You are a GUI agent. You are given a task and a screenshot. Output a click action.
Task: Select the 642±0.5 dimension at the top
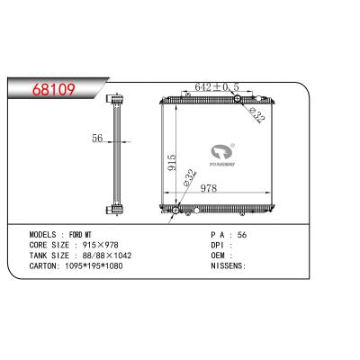click(x=214, y=87)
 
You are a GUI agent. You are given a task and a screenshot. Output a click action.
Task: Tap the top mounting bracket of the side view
click(x=115, y=96)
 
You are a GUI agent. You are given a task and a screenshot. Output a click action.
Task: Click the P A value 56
click(x=239, y=232)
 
